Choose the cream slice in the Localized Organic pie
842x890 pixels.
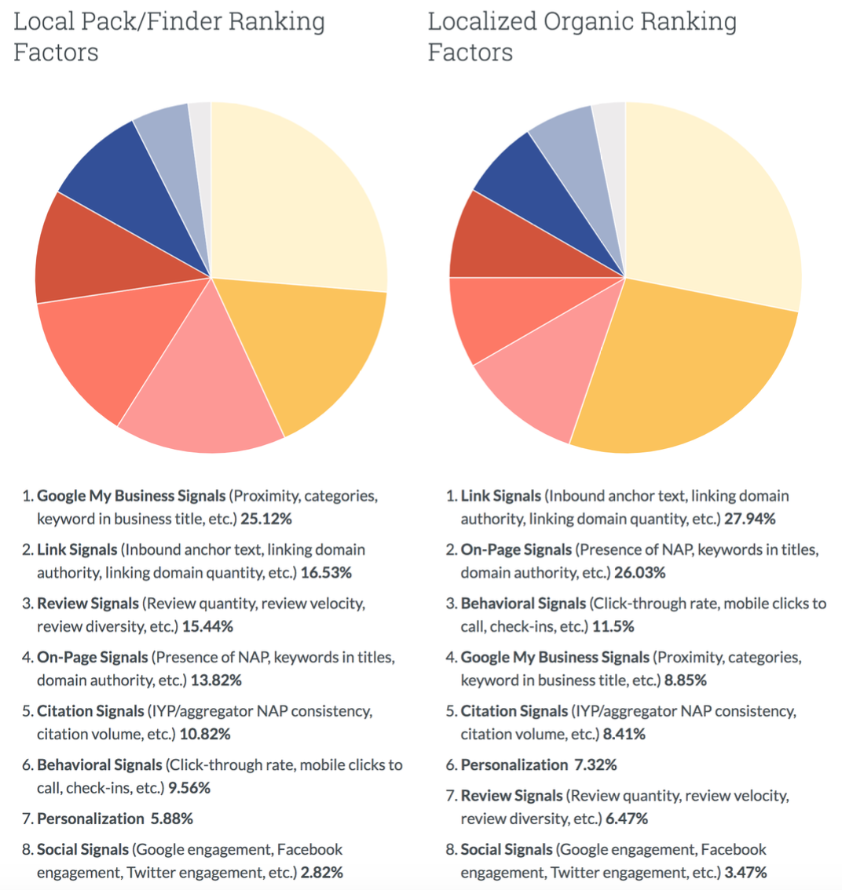707,196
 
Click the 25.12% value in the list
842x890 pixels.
266,519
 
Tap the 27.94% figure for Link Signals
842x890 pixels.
749,519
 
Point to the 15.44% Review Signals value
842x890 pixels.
207,626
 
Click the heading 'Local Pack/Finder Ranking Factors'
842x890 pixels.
169,37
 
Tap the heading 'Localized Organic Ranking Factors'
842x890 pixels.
582,37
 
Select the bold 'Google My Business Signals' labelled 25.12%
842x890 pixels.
131,496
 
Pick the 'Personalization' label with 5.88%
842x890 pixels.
90,819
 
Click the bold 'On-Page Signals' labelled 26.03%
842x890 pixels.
516,550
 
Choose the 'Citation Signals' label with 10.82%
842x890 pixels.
90,711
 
